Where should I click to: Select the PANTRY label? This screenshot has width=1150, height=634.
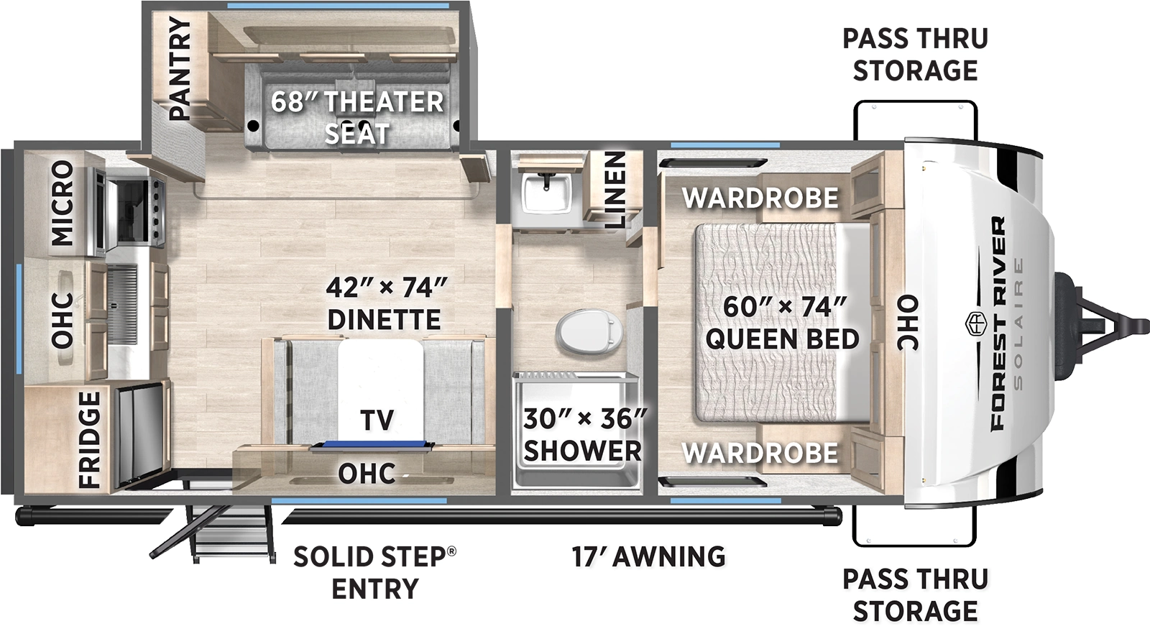point(179,68)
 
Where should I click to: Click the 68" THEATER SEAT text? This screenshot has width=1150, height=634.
point(357,117)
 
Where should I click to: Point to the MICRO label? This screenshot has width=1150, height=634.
point(62,203)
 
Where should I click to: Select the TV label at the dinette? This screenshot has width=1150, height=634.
point(377,421)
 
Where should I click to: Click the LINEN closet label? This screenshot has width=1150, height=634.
point(615,190)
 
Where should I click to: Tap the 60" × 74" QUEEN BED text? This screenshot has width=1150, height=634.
point(783,322)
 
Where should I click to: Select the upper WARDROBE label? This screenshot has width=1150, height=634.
point(760,198)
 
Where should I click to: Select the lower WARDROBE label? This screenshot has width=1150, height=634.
point(760,453)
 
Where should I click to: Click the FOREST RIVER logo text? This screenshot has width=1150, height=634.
point(999,323)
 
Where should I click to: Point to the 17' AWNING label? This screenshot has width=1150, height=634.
point(648,556)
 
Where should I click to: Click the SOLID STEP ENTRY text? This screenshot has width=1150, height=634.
point(374,572)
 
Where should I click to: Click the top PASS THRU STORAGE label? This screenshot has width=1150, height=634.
point(915,54)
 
